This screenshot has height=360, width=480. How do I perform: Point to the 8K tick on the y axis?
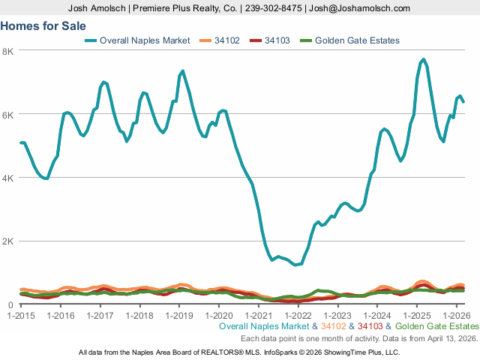coord(7,51)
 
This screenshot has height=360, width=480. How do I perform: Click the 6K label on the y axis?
coord(7,114)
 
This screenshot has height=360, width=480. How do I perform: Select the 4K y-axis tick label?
coord(7,178)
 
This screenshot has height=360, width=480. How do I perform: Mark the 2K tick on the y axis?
coord(7,241)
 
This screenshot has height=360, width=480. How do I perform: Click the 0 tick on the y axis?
coord(10,304)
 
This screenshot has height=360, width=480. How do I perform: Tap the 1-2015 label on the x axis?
coord(20,315)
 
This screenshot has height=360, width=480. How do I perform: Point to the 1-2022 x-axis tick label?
coord(298,315)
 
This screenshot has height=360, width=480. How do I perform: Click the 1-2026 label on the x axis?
coord(457,315)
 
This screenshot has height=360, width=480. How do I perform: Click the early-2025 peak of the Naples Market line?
coord(424,59)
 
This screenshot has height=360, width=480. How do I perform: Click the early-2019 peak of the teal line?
coord(182,71)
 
